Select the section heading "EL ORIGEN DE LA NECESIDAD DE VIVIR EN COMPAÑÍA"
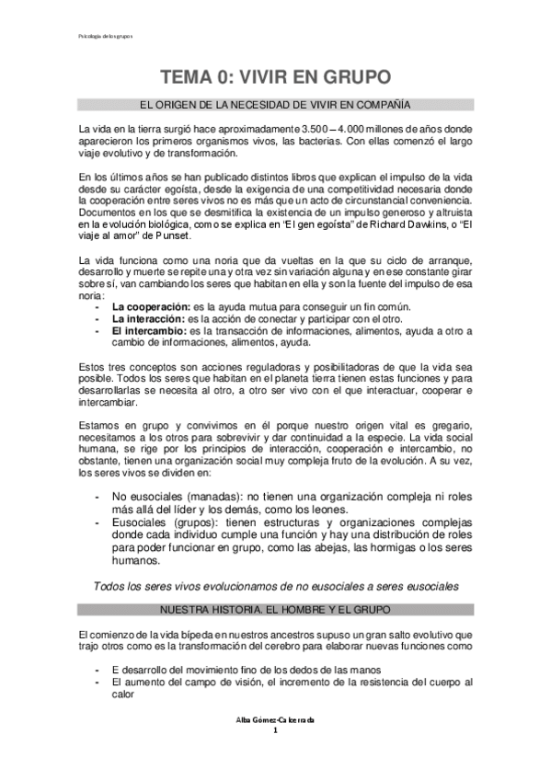(x=275, y=105)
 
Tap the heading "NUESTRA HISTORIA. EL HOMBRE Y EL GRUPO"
(x=275, y=610)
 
